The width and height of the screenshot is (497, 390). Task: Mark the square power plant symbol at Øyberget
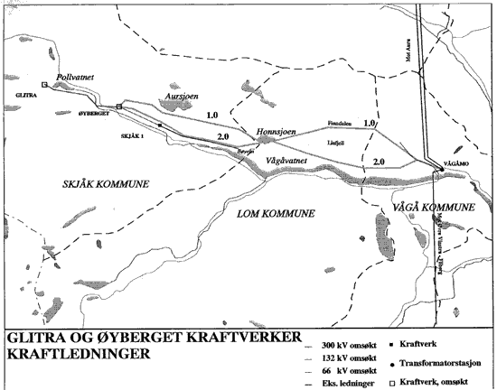tap(118, 107)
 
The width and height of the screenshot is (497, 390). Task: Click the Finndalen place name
tap(339, 125)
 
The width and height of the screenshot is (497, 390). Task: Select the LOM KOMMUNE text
tap(275, 213)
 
